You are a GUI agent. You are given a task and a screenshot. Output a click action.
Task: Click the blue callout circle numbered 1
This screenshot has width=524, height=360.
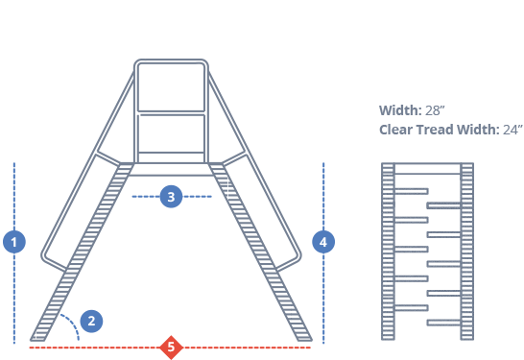click(14, 241)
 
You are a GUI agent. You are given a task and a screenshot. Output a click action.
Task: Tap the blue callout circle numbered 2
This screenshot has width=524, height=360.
click(91, 321)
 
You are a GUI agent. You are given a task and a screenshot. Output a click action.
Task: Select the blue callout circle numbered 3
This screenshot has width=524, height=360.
click(171, 197)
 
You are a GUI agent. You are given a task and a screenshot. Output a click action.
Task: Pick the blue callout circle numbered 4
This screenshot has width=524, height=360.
click(323, 242)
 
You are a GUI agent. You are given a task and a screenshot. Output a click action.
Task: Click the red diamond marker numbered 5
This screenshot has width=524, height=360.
click(171, 347)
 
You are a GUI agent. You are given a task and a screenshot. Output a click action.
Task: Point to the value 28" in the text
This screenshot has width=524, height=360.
click(435, 110)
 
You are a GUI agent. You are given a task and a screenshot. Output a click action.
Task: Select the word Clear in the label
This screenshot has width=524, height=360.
click(398, 130)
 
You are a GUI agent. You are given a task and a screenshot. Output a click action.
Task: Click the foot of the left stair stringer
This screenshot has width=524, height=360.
click(39, 337)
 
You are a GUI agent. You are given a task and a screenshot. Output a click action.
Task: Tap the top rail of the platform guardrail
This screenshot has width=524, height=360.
click(171, 63)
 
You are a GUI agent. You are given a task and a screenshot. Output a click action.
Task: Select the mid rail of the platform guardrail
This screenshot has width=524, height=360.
click(171, 113)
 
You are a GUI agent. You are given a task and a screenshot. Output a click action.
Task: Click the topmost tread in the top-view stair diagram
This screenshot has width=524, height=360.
click(412, 191)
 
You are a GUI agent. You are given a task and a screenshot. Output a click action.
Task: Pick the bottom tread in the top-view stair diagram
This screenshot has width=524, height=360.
click(443, 322)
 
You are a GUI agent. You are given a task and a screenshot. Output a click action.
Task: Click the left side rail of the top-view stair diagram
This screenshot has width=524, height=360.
click(388, 252)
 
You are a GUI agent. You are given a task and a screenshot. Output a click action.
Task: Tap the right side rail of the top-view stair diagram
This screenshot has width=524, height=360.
click(467, 252)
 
